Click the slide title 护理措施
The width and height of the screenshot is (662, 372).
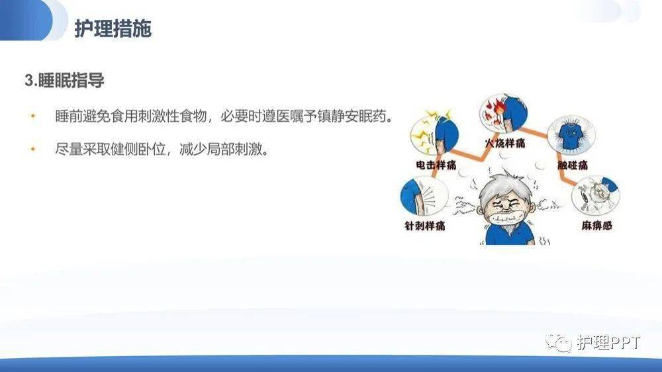point(113,29)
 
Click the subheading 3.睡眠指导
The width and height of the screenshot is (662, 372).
point(64,81)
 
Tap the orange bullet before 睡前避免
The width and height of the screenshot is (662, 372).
point(32,116)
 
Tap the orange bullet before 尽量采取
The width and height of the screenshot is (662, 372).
point(32,149)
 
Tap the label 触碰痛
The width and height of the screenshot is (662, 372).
point(573,165)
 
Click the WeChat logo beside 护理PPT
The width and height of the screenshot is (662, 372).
point(558,342)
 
